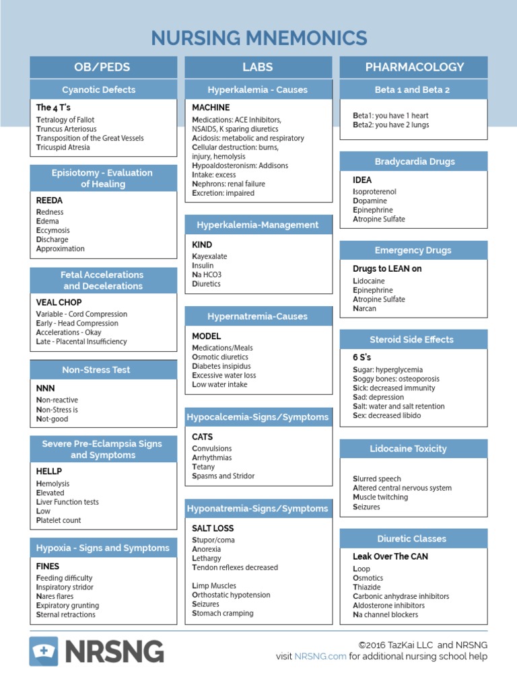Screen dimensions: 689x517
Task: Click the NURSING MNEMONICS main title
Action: click(258, 38)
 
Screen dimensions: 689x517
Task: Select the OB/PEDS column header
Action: click(103, 67)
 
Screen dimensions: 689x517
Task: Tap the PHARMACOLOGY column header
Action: click(414, 67)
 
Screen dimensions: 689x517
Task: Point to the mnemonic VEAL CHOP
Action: click(59, 303)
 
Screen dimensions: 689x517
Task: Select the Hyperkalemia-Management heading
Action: click(258, 225)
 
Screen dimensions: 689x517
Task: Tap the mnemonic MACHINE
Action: click(211, 108)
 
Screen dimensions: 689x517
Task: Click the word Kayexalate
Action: click(209, 256)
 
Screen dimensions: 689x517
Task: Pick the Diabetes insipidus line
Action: click(221, 366)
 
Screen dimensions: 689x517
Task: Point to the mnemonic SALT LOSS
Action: click(213, 528)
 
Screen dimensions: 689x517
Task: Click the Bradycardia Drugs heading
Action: click(414, 161)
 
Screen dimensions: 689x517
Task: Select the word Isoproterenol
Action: click(374, 192)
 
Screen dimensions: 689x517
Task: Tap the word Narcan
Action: click(364, 309)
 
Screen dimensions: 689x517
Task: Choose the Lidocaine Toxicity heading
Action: click(414, 449)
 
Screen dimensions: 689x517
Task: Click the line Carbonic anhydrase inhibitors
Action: click(401, 596)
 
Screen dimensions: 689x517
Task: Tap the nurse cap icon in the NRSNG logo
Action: click(44, 651)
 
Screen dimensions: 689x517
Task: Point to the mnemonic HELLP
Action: click(48, 472)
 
